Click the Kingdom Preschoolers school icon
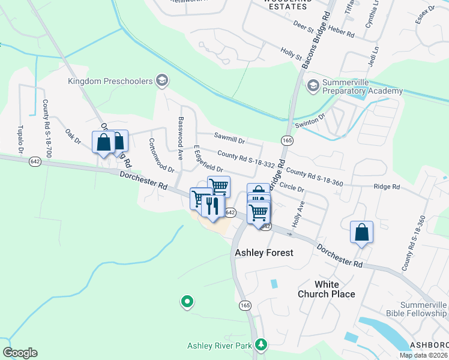pos(161,80)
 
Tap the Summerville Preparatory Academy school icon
pos(312,86)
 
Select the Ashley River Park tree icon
pos(261,345)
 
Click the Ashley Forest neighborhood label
pos(264,253)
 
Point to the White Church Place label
pos(327,289)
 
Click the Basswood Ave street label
pos(180,137)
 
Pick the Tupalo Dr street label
pos(21,139)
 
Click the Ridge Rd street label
pos(387,187)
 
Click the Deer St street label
pos(303,27)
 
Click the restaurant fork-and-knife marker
pos(212,208)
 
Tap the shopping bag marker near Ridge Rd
pos(361,232)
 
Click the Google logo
pos(20,353)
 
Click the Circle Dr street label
pos(292,188)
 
